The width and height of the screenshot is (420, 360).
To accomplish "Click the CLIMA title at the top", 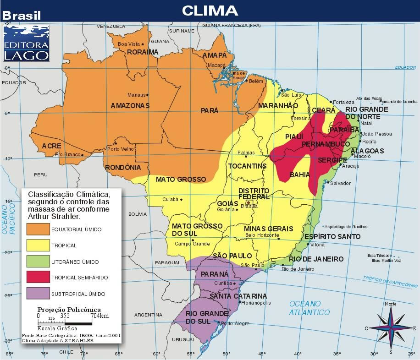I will tap(210, 11).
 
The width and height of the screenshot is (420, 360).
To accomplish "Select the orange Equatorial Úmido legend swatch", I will tap(38, 229).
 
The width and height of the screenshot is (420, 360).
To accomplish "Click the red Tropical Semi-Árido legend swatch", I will tap(38, 277).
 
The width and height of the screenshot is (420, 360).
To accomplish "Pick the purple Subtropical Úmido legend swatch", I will tap(38, 294).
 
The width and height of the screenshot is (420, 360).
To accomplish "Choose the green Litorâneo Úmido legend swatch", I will tap(38, 262).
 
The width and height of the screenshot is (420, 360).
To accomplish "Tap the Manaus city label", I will tap(136, 95).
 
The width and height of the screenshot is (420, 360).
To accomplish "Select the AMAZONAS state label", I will tap(130, 106).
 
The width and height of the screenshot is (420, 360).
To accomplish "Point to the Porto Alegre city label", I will tap(235, 324).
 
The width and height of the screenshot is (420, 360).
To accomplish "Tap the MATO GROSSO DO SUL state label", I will tap(197, 229).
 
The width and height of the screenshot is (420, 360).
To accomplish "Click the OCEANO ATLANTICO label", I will tap(309, 308).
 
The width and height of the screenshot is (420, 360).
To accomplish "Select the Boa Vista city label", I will tap(128, 44).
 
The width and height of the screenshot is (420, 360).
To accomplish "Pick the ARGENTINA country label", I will tap(149, 315).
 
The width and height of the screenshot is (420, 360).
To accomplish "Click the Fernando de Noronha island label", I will tap(398, 101).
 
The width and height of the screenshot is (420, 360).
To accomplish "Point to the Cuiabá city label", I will tap(171, 199).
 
